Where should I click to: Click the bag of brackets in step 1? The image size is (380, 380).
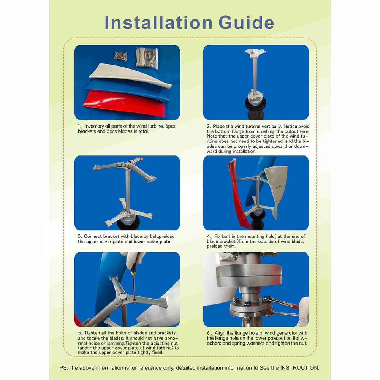coord(147,57)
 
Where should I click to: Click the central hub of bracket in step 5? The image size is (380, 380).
coord(120,296)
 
